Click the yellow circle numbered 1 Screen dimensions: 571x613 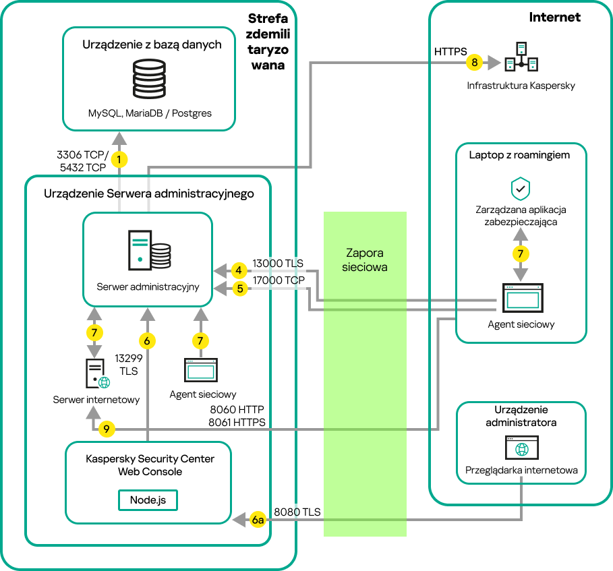click(x=119, y=160)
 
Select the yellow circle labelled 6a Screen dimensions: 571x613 click(x=258, y=519)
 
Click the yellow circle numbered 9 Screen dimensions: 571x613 click(x=107, y=428)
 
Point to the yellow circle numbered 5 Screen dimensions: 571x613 click(x=238, y=289)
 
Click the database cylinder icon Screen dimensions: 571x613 click(x=149, y=80)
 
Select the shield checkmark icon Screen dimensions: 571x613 click(x=520, y=189)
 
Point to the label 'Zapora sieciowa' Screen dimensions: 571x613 click(x=365, y=260)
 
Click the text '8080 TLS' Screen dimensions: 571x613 click(x=297, y=512)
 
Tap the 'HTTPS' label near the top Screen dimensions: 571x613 click(x=450, y=51)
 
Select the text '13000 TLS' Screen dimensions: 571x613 click(x=278, y=264)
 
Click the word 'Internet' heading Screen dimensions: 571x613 click(x=554, y=18)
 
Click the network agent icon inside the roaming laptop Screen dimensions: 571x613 click(x=520, y=297)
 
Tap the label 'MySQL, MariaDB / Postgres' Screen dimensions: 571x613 click(x=150, y=113)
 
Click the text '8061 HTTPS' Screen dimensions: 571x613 click(x=237, y=422)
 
